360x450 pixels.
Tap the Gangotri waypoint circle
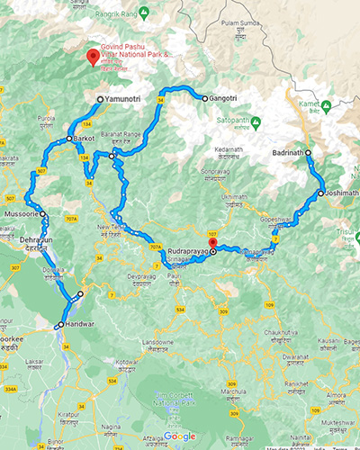click(204, 97)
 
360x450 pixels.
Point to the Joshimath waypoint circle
click(321, 193)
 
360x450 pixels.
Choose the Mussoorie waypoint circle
click(42, 214)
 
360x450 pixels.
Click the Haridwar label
click(75, 324)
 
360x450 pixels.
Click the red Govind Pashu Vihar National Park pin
click(92, 57)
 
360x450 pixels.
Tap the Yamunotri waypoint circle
click(99, 99)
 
